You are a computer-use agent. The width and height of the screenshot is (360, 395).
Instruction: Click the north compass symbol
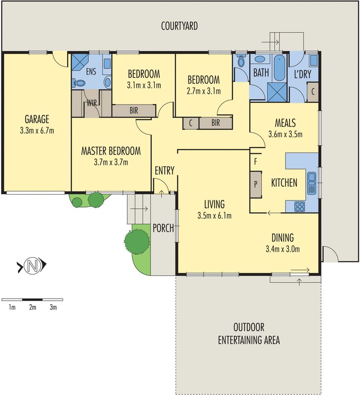click(x=33, y=267)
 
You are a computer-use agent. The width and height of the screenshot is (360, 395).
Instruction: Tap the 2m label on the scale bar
click(x=33, y=308)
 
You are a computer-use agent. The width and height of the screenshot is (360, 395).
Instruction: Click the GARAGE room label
click(x=37, y=119)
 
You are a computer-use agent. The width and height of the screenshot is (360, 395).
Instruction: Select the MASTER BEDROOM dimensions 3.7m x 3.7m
click(x=111, y=162)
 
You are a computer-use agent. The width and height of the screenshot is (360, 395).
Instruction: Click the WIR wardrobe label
click(x=92, y=103)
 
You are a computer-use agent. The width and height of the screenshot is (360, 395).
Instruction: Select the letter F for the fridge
click(x=255, y=161)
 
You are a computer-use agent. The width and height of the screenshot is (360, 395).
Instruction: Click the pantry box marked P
click(x=256, y=184)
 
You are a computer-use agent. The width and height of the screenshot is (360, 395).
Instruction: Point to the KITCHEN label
click(x=284, y=183)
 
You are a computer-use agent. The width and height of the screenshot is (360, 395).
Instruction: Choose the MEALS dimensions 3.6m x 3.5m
click(x=285, y=134)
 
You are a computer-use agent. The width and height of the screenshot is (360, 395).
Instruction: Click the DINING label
click(x=282, y=237)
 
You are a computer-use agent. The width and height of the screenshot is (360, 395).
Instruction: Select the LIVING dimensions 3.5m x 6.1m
click(x=214, y=215)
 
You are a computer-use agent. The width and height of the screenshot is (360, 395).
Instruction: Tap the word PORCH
click(x=163, y=228)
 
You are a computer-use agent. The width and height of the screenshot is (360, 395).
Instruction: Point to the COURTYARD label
click(x=180, y=26)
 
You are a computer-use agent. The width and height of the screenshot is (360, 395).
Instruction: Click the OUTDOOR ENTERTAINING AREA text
click(x=249, y=334)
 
